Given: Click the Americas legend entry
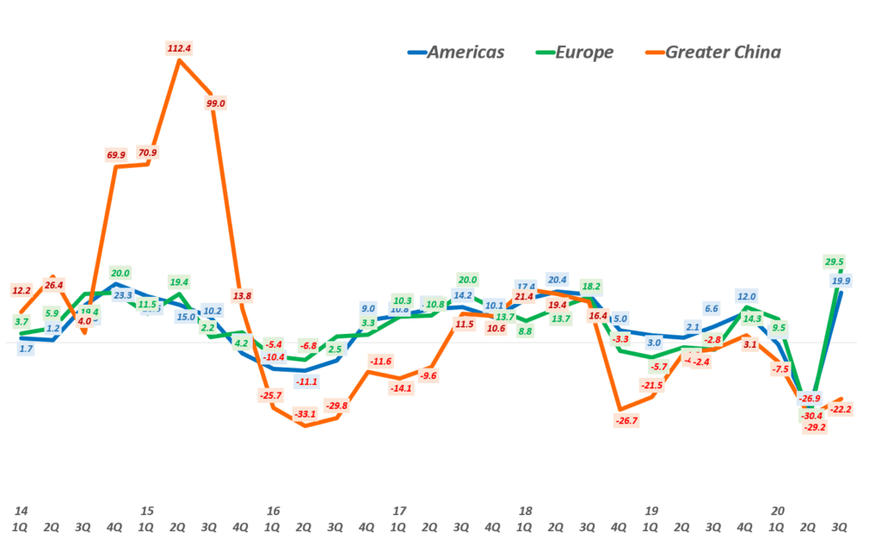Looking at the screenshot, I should coord(457,53).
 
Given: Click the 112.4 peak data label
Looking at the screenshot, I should coord(179,48).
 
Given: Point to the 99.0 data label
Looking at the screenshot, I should coord(215,103).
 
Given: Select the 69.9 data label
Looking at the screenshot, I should coord(115,155).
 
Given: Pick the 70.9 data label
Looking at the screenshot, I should coord(147,153).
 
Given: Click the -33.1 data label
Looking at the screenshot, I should coord(305,414).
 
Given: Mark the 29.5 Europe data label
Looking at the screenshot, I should coord(834,262).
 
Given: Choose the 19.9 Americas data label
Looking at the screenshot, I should coord(841,281).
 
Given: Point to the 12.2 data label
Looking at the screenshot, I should coord(22,290).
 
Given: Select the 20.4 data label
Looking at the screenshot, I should coord(558,280).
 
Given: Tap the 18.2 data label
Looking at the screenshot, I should coord(591,287).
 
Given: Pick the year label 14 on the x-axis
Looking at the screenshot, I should coord(20,511).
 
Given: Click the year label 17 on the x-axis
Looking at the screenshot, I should coord(398,511).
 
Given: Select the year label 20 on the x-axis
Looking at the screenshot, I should coord(777,511).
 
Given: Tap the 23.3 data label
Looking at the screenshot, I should coord(122,295).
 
